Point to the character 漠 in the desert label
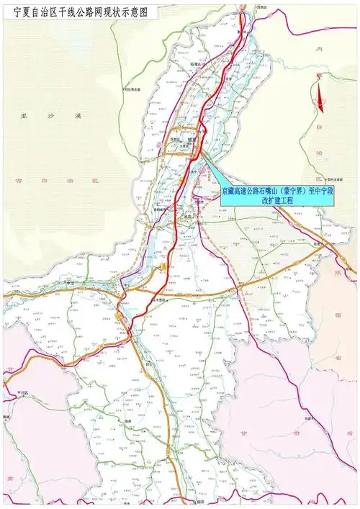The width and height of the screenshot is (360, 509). click(x=82, y=115)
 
